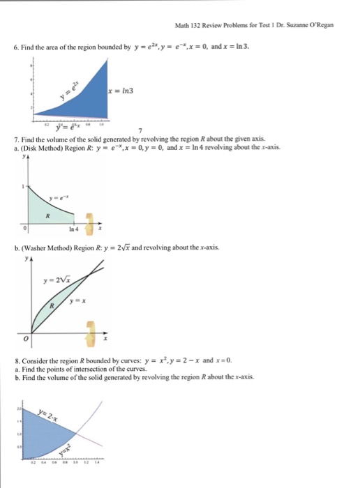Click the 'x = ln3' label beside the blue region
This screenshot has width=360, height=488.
(x=121, y=92)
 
